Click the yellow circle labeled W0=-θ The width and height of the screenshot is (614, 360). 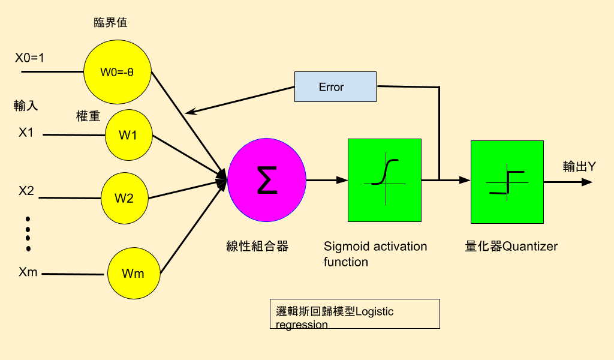[x=117, y=71]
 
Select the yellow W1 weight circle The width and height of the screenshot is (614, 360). [x=128, y=135]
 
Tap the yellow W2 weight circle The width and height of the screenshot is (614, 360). [x=124, y=197]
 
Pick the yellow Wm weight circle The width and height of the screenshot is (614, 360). [x=133, y=274]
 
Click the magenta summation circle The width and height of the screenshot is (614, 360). [x=267, y=179]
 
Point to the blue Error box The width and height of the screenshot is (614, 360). [x=335, y=87]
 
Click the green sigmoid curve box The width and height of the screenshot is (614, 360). [x=384, y=180]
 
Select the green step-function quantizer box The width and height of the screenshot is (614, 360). [x=507, y=182]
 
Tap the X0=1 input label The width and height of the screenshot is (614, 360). [x=29, y=58]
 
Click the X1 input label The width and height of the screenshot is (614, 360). [x=26, y=132]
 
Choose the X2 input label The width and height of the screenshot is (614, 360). [x=26, y=191]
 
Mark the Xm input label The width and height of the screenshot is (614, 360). [x=28, y=272]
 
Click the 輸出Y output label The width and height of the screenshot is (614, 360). [x=579, y=166]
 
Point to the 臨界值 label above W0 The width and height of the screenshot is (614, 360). [x=111, y=23]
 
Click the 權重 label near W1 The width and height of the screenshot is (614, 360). [x=88, y=116]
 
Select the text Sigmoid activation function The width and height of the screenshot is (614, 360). [x=375, y=254]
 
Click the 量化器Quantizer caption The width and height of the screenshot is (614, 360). [x=511, y=246]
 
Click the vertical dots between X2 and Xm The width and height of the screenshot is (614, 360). [x=28, y=233]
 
